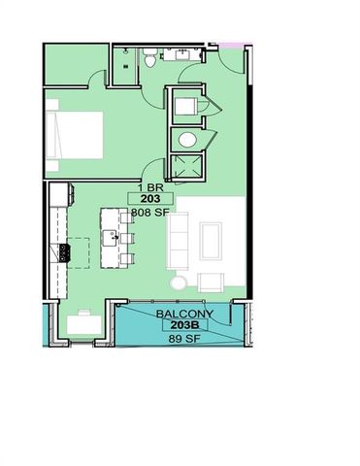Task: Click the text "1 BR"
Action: pyautogui.click(x=150, y=187)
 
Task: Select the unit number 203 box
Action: pyautogui.click(x=150, y=198)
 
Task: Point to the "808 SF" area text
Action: pyautogui.click(x=150, y=213)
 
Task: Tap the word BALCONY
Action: pyautogui.click(x=184, y=314)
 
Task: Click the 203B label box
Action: pyautogui.click(x=184, y=325)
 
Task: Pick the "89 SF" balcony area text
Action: pyautogui.click(x=184, y=339)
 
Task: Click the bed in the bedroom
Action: pyautogui.click(x=75, y=135)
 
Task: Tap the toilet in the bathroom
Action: pyautogui.click(x=149, y=57)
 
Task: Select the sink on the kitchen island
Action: pyautogui.click(x=110, y=238)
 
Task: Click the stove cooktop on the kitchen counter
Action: pyautogui.click(x=65, y=252)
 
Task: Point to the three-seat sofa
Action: pyautogui.click(x=178, y=241)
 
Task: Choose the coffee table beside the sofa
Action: pyautogui.click(x=211, y=241)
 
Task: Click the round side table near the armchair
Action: pyautogui.click(x=179, y=283)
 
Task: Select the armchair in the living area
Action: pyautogui.click(x=211, y=283)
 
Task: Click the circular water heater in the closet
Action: pyautogui.click(x=187, y=140)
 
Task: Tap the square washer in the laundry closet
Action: pyautogui.click(x=185, y=106)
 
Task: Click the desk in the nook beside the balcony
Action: pyautogui.click(x=84, y=324)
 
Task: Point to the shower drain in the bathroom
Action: pyautogui.click(x=126, y=66)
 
